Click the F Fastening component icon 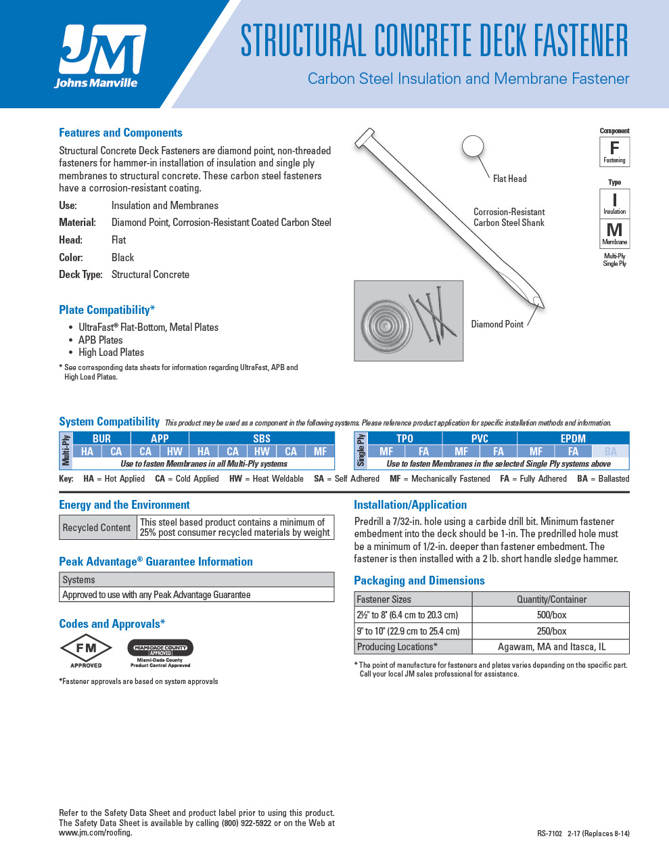[x=614, y=151]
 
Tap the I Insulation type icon [x=614, y=202]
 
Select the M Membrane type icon [x=614, y=233]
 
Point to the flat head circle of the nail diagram [x=473, y=146]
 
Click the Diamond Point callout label [x=497, y=324]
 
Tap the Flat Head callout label [x=509, y=179]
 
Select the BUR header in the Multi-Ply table [x=101, y=438]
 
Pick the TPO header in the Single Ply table [x=405, y=438]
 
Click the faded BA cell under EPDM [x=610, y=451]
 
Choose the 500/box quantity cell [x=551, y=615]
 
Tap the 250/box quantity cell [x=551, y=631]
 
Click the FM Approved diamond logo [x=86, y=650]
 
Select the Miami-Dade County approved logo [x=160, y=652]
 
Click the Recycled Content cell [x=97, y=528]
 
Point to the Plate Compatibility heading [x=107, y=310]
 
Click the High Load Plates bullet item [x=111, y=352]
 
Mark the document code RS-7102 [x=549, y=834]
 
